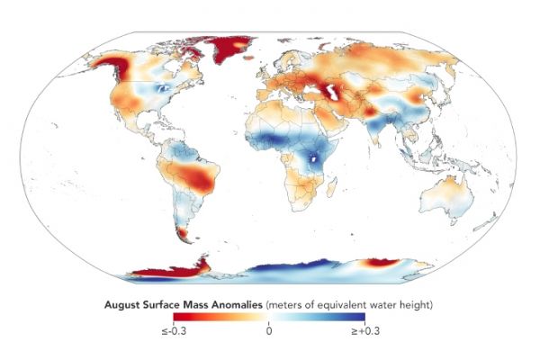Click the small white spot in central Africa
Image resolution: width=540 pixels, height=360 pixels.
point(313,161)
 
